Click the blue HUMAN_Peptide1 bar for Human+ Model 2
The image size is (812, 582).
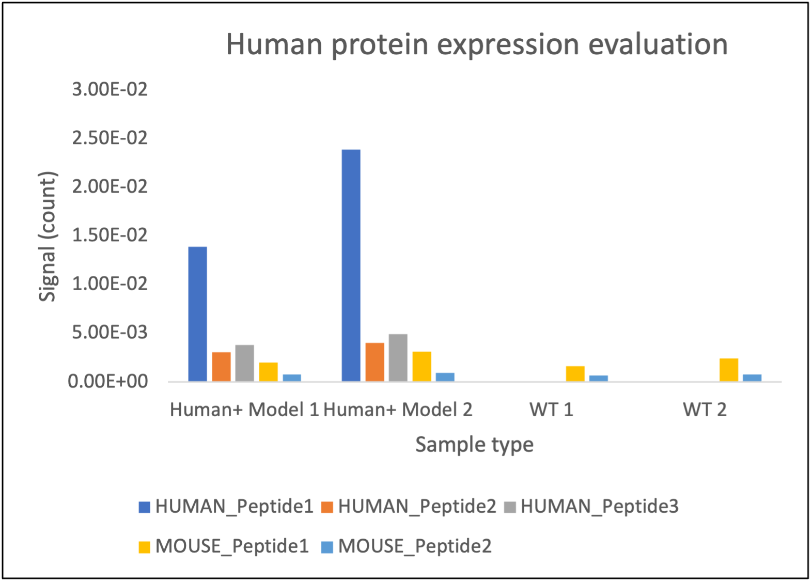point(351,265)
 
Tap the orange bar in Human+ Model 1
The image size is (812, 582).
point(221,367)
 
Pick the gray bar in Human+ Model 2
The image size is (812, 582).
point(398,358)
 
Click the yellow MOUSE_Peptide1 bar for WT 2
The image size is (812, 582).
point(728,370)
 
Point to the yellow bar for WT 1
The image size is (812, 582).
point(575,374)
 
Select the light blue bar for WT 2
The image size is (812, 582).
point(752,377)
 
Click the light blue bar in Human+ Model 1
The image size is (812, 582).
point(292,377)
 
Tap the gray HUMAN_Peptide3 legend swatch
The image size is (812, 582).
point(510,507)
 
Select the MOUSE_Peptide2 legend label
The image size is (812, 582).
point(415,546)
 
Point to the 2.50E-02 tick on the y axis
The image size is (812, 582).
point(110,138)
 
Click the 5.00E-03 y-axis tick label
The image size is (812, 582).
point(110,332)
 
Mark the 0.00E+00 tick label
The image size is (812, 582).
point(108,381)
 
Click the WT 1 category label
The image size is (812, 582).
point(551,410)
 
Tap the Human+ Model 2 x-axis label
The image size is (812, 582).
point(398,410)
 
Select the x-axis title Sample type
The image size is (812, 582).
point(474,444)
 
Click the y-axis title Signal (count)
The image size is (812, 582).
point(48,237)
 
